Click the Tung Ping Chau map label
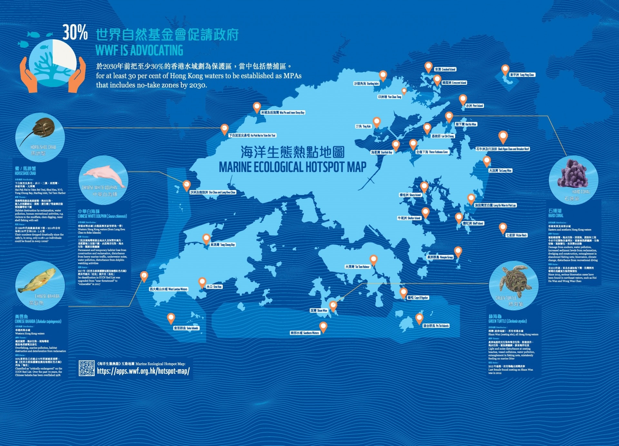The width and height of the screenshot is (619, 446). coord(522,75)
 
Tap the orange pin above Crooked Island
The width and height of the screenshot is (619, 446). coord(428,67)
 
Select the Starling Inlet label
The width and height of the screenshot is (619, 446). coord(366,83)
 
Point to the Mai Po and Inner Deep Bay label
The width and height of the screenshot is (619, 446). coord(283,112)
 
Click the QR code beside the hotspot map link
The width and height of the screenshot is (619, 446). coord(87,368)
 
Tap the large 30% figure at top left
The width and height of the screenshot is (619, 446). coord(75,33)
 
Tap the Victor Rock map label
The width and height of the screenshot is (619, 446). coord(516,235)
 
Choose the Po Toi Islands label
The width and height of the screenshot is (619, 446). coord(436,326)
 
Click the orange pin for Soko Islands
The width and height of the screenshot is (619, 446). coord(171,318)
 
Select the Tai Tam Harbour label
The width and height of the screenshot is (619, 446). coord(357,267)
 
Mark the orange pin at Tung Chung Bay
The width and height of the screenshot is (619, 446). coord(206,239)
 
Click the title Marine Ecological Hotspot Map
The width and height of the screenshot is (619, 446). coord(292,167)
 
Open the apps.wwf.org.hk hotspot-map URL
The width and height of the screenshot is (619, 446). coord(143,371)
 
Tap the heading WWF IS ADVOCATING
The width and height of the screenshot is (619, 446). coord(139,51)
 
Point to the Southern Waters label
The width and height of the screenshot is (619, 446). coord(305,333)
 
